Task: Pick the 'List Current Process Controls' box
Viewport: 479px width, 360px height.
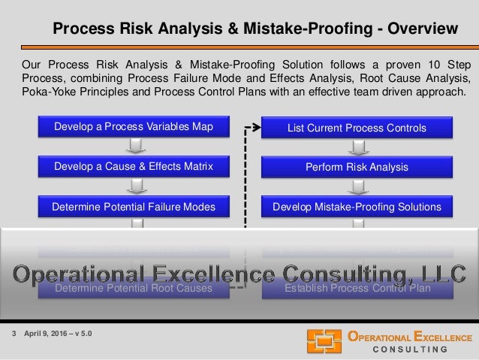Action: (x=357, y=127)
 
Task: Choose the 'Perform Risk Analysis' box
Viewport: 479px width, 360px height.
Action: (x=357, y=166)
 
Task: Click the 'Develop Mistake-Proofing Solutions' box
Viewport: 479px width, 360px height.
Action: (x=357, y=206)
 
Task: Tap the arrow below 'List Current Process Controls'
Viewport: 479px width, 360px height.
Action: (x=357, y=147)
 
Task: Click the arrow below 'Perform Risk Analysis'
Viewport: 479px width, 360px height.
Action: (x=357, y=186)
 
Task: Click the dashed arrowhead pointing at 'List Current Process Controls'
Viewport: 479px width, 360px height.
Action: (x=255, y=127)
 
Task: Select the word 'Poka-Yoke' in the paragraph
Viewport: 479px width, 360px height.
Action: (x=47, y=92)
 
